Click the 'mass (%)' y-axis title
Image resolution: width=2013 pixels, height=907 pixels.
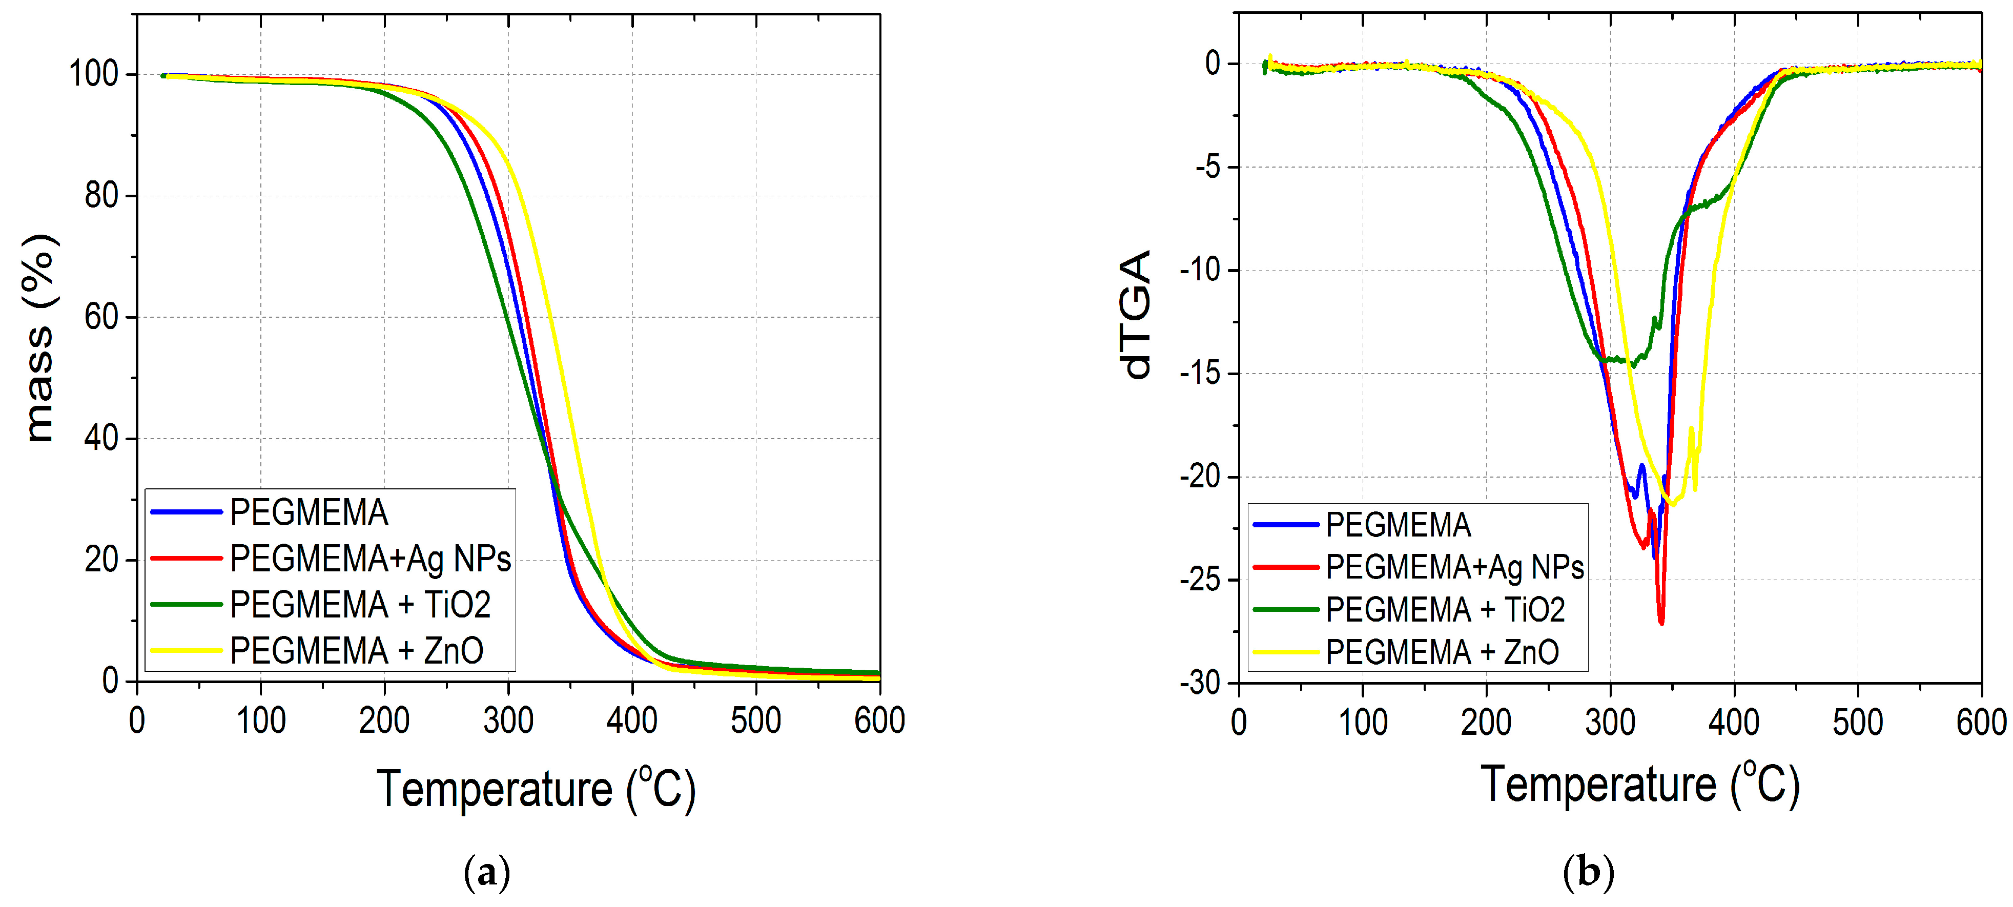tap(39, 338)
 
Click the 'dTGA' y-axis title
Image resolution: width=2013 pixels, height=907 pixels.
tap(1137, 314)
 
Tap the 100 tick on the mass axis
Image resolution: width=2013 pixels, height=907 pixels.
tap(94, 74)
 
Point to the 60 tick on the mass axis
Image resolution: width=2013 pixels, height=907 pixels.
tap(101, 317)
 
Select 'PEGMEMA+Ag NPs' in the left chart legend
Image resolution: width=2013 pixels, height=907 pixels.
tap(371, 559)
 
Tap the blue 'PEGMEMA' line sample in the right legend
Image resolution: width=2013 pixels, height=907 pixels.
tap(1285, 525)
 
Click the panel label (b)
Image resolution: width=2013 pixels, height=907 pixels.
tap(1588, 871)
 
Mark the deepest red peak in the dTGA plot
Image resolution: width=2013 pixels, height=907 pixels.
tap(1661, 623)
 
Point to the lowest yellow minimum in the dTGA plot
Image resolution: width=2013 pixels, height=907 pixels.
tap(1672, 505)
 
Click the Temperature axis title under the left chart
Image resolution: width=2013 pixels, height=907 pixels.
tap(536, 789)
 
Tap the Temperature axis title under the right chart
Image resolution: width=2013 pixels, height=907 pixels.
tap(1639, 785)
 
